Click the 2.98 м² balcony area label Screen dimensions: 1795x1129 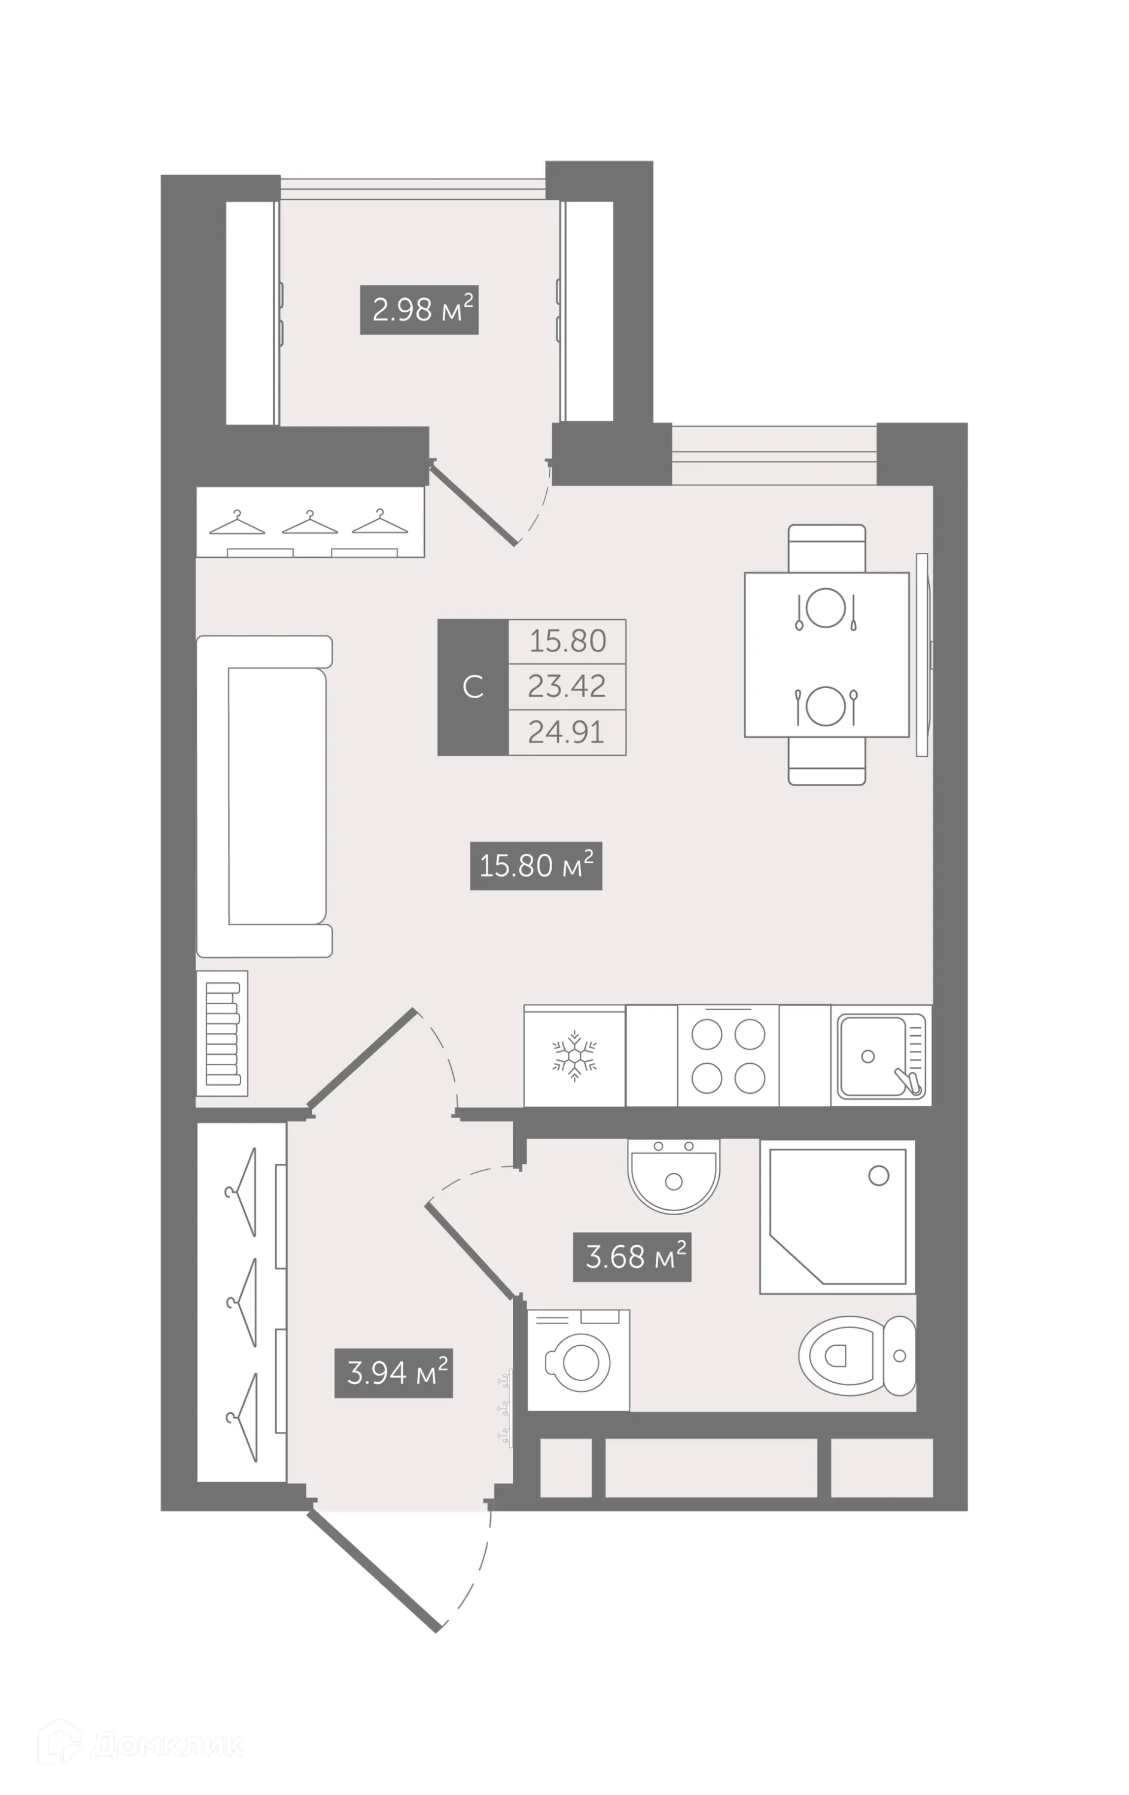pyautogui.click(x=418, y=309)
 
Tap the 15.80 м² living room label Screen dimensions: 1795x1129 pyautogui.click(x=535, y=865)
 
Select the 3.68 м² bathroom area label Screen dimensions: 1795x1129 pyautogui.click(x=631, y=1256)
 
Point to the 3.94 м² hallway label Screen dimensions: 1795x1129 pyautogui.click(x=392, y=1373)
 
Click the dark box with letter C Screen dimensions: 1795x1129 pyautogui.click(x=473, y=686)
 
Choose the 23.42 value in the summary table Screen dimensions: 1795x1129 pyautogui.click(x=567, y=686)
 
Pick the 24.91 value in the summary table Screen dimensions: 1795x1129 pyautogui.click(x=567, y=732)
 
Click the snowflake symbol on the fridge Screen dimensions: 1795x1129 pyautogui.click(x=574, y=1055)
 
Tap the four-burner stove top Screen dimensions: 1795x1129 pyautogui.click(x=728, y=1055)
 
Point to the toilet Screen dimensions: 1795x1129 pyautogui.click(x=856, y=1355)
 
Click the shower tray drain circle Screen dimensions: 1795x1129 pyautogui.click(x=878, y=1176)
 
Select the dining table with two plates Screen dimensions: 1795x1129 pyautogui.click(x=826, y=655)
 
